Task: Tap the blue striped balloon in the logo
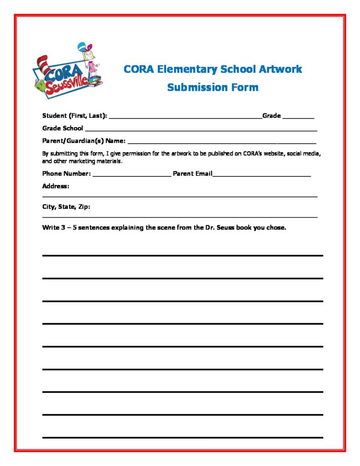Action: pyautogui.click(x=82, y=47)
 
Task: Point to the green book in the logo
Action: pyautogui.click(x=41, y=85)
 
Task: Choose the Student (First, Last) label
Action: pyautogui.click(x=75, y=116)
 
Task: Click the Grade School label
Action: pyautogui.click(x=63, y=128)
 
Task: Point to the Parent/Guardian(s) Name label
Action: pyautogui.click(x=84, y=141)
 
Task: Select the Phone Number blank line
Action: pyautogui.click(x=132, y=174)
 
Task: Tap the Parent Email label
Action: pyautogui.click(x=193, y=173)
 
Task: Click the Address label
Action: pyautogui.click(x=56, y=186)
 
